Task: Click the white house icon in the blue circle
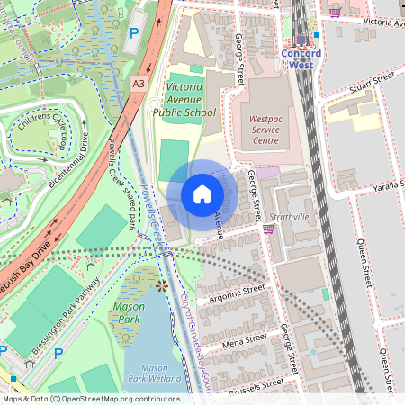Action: click(x=202, y=194)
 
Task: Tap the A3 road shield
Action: click(x=138, y=83)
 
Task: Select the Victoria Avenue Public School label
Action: click(x=191, y=100)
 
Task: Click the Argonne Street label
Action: click(x=237, y=292)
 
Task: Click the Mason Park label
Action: click(x=128, y=312)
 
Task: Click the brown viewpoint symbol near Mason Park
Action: click(x=162, y=286)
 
